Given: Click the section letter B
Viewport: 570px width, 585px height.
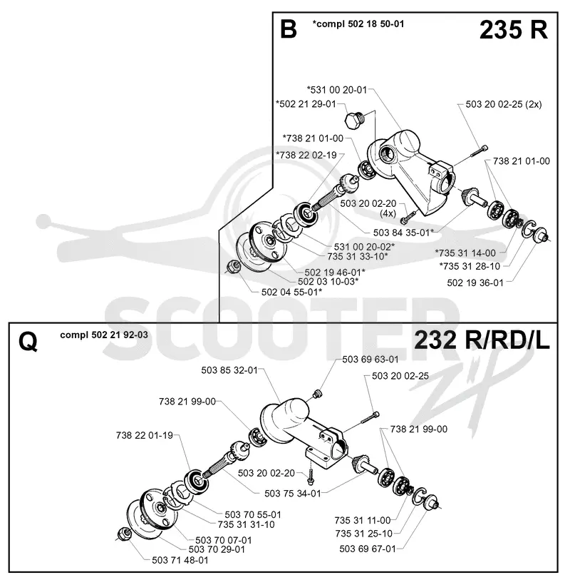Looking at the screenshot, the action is tap(289, 29).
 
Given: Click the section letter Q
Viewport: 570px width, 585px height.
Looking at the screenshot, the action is tap(28, 342).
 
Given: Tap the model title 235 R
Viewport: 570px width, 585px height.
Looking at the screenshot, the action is tap(514, 30).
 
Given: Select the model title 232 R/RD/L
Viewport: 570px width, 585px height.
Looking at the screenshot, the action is tap(482, 340).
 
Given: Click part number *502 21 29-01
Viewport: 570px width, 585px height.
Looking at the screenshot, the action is tap(306, 103).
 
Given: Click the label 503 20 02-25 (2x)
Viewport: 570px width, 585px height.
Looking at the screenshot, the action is tap(504, 104).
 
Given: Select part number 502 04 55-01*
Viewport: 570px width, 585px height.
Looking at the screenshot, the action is tap(291, 292).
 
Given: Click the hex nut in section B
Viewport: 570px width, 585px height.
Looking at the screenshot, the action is tap(233, 266).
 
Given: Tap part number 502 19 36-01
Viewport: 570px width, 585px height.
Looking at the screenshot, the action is tap(475, 283).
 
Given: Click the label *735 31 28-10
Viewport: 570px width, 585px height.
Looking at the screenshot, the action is tap(470, 266).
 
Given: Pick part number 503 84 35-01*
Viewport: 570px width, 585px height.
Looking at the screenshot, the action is tap(403, 233).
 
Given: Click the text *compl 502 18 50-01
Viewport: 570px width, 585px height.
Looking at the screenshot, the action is tap(358, 24).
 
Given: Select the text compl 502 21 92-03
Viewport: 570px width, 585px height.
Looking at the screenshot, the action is tap(104, 335).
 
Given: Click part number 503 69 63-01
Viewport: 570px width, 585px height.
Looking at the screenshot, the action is tap(370, 360).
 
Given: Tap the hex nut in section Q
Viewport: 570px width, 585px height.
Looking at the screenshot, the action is tap(123, 534).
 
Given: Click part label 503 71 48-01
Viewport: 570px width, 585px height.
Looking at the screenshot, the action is tap(180, 560).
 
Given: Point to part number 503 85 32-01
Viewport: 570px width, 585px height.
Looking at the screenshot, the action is tap(229, 370).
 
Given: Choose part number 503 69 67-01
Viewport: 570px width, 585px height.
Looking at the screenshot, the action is tap(368, 549).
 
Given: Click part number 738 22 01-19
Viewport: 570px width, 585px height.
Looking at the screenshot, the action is tap(145, 435).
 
